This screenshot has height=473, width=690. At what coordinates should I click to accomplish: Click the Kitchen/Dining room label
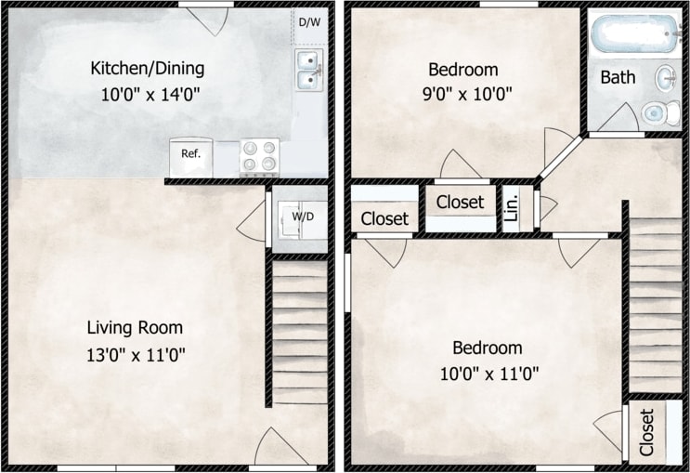[x=147, y=68]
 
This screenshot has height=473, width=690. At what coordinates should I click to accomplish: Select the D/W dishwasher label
[x=308, y=22]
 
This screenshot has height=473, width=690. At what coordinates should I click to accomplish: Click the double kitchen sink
[x=309, y=71]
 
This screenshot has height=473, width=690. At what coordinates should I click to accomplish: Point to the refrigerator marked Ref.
[x=190, y=154]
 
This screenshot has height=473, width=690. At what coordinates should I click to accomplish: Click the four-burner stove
[x=259, y=156]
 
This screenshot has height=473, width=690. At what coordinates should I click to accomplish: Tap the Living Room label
[x=135, y=327]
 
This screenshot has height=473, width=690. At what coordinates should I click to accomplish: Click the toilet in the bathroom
[x=659, y=113]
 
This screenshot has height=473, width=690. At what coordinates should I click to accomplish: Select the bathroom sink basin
[x=667, y=76]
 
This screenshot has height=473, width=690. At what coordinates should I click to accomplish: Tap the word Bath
[x=618, y=77]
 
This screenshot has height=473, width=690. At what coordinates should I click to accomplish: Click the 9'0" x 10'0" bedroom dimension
[x=462, y=94]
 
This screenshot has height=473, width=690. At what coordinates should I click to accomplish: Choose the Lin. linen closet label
[x=512, y=208]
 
